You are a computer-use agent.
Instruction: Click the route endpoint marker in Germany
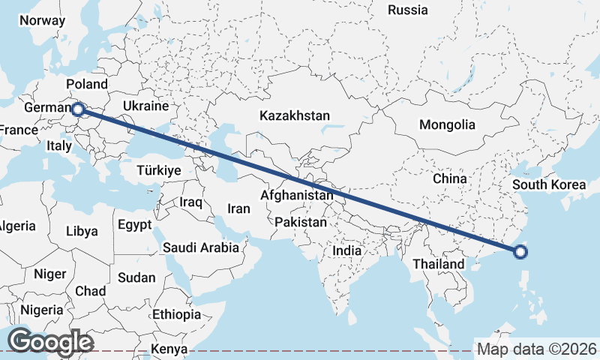pos(77,110)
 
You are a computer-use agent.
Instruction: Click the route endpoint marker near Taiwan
pos(521,252)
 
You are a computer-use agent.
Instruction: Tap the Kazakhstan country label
pos(295,115)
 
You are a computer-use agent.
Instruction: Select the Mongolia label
pos(447,124)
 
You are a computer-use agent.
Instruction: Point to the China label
pos(449,178)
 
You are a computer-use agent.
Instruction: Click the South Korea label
pos(548,184)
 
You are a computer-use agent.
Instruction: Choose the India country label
pos(347,251)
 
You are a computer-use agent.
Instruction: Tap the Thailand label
pos(439,264)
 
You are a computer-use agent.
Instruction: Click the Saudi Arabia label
pos(201,247)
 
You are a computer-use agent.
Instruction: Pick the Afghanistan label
pos(296,195)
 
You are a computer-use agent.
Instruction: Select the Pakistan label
pos(301,222)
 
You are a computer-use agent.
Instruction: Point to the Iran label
pos(238,209)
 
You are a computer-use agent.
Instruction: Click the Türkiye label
pos(159,171)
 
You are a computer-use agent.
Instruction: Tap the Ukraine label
pos(151,106)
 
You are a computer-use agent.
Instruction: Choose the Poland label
pos(87,84)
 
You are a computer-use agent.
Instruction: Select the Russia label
pos(408,10)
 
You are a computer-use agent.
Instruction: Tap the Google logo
pos(50,341)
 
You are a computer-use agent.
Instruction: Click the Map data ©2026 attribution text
pos(537,349)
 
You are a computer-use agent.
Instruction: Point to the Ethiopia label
pos(176,313)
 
